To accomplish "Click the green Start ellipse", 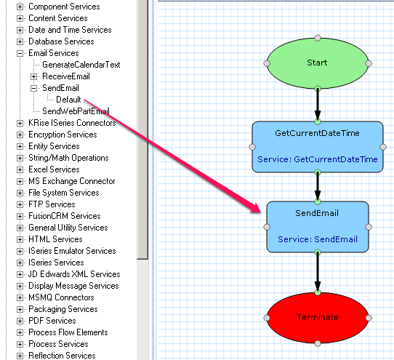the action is pyautogui.click(x=318, y=63).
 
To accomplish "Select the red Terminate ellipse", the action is pyautogui.click(x=318, y=318).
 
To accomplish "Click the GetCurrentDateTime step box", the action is pyautogui.click(x=318, y=147).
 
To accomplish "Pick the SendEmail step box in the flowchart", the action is pyautogui.click(x=318, y=227).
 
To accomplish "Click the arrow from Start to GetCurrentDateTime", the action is pyautogui.click(x=318, y=105).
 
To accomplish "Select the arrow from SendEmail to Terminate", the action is pyautogui.click(x=318, y=273).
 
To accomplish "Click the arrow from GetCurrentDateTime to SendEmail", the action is pyautogui.click(x=318, y=187).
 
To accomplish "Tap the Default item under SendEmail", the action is pyautogui.click(x=68, y=100).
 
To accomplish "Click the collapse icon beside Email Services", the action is pyautogui.click(x=20, y=53).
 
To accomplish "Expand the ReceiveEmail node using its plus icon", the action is pyautogui.click(x=33, y=76).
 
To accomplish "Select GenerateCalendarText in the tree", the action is pyautogui.click(x=81, y=65).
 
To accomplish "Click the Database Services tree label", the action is pyautogui.click(x=61, y=41).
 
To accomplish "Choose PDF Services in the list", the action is pyautogui.click(x=52, y=321).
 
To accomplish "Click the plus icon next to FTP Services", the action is pyautogui.click(x=20, y=204).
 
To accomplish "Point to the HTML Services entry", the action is pyautogui.click(x=55, y=239).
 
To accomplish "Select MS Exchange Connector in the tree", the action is pyautogui.click(x=72, y=181).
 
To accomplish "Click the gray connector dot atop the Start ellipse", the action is pyautogui.click(x=318, y=38).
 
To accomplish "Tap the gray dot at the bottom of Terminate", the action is pyautogui.click(x=318, y=343).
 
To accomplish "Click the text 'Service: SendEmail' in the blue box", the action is pyautogui.click(x=318, y=239).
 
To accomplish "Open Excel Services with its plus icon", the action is pyautogui.click(x=20, y=169).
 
